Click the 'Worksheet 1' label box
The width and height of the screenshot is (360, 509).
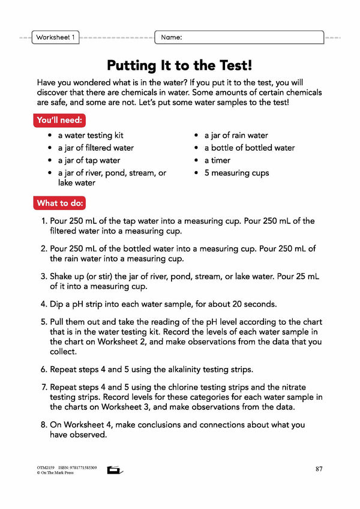[55, 37]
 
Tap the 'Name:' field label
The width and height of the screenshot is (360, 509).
[171, 37]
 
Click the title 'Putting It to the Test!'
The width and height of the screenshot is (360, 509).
[179, 65]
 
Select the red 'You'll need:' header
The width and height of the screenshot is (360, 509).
[60, 120]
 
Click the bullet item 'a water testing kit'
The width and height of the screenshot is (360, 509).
[90, 136]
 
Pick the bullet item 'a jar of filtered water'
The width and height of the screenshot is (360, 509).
[95, 148]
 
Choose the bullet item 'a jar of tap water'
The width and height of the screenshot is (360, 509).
[89, 160]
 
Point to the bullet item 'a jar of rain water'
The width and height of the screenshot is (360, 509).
[236, 136]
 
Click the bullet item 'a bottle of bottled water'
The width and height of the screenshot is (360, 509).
[249, 148]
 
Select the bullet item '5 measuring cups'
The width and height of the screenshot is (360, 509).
[236, 173]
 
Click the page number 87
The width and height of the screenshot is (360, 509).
[319, 469]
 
